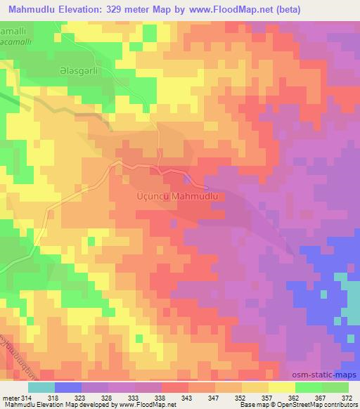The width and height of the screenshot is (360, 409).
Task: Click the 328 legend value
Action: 106,397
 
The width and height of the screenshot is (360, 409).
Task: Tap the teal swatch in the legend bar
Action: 41,387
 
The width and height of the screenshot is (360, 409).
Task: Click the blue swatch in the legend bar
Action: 68,387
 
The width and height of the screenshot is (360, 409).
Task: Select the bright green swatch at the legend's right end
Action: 335,387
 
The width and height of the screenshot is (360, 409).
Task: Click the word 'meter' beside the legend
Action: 10,397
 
